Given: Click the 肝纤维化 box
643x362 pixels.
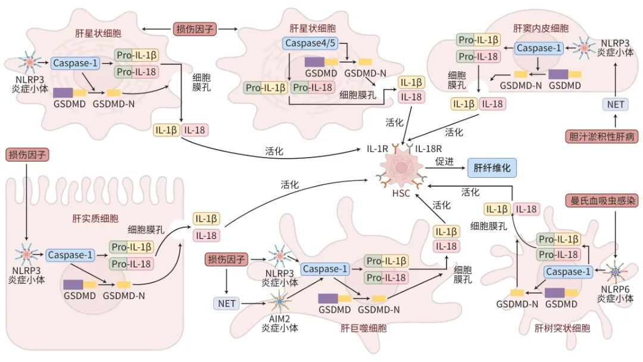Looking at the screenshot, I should point(492,168).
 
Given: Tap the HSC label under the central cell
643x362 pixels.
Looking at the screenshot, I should point(401,194).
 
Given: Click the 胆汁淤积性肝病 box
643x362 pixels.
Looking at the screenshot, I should point(602,137).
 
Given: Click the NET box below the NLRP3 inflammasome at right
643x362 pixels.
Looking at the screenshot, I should point(614,105).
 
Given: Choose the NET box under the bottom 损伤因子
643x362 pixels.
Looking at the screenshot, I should point(226,304).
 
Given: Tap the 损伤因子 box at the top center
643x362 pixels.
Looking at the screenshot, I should point(195,28).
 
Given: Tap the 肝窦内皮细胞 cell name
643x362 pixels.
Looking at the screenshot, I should point(541,28).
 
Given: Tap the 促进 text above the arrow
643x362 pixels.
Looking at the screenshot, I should point(444,161).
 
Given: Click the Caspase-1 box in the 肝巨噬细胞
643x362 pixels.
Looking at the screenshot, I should point(324,269).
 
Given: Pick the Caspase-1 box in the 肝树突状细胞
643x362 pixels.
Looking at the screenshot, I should point(568,272).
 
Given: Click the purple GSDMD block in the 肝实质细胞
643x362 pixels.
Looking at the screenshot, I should point(73,285).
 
